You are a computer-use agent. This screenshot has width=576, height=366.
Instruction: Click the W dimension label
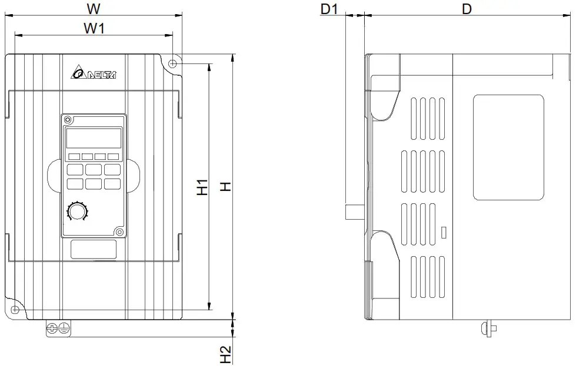point(93,9)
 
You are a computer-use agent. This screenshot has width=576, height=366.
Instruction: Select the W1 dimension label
point(94,28)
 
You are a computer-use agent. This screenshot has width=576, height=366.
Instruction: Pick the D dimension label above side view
point(467,9)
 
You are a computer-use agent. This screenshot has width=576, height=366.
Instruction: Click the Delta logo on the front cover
point(94,73)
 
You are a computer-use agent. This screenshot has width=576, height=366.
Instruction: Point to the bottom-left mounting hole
point(15,310)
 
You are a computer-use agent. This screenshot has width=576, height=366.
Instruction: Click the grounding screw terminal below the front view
point(58,329)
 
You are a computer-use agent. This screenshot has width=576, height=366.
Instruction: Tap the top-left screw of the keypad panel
point(68,120)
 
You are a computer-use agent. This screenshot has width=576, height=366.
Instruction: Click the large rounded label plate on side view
point(508,147)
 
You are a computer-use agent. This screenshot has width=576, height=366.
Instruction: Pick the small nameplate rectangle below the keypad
point(94,250)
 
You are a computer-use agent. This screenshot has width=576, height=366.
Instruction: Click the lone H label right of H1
point(225,187)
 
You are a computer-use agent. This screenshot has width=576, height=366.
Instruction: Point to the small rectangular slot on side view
point(444,231)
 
